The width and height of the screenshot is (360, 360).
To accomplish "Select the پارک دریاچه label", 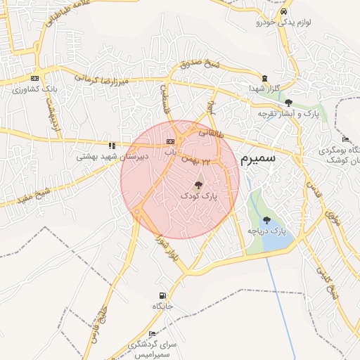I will tap(268, 231).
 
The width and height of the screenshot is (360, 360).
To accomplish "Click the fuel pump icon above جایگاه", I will tap(163, 295).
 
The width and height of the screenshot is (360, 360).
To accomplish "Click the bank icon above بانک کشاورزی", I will tap(34, 78).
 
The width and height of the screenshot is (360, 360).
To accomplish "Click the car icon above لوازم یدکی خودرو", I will tap(283, 13).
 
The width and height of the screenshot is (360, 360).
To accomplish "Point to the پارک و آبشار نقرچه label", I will tap(289, 113).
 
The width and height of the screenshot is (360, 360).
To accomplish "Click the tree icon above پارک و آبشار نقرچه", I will tap(288, 103).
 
